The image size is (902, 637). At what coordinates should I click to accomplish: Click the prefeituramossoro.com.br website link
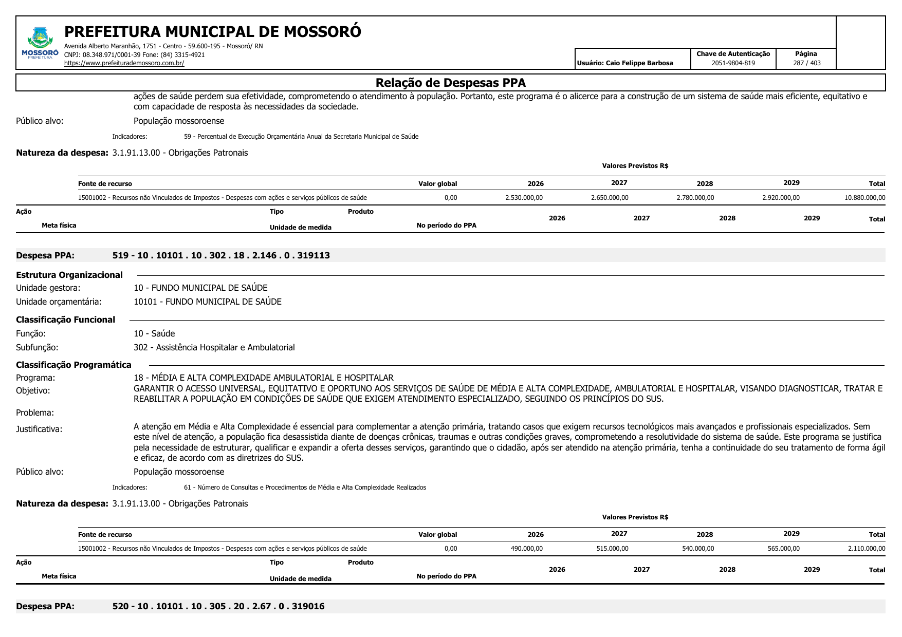(x=124, y=63)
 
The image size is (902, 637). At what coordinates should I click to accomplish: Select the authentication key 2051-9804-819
(x=733, y=63)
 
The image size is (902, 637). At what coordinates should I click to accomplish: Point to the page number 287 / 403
(x=806, y=63)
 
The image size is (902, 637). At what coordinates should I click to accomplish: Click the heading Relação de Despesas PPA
(x=450, y=83)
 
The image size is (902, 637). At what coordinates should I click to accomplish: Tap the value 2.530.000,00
(x=524, y=198)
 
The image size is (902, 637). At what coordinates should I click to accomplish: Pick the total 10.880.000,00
(x=864, y=198)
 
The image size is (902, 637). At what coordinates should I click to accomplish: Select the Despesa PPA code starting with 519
(x=221, y=255)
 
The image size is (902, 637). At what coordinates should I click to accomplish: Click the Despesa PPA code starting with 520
(x=218, y=606)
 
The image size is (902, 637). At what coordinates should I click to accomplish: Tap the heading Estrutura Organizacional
(x=69, y=275)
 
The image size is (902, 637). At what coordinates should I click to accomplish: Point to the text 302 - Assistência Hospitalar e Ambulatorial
(x=214, y=347)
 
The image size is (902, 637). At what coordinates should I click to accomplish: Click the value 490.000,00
(x=526, y=549)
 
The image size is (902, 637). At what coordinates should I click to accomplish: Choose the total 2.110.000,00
(x=866, y=549)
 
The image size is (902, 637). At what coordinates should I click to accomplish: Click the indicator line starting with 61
(x=305, y=488)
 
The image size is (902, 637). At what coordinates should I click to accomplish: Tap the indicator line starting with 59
(x=301, y=137)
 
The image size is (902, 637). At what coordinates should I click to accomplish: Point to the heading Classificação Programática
(x=73, y=365)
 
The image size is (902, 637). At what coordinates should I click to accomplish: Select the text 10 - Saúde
(x=154, y=333)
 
